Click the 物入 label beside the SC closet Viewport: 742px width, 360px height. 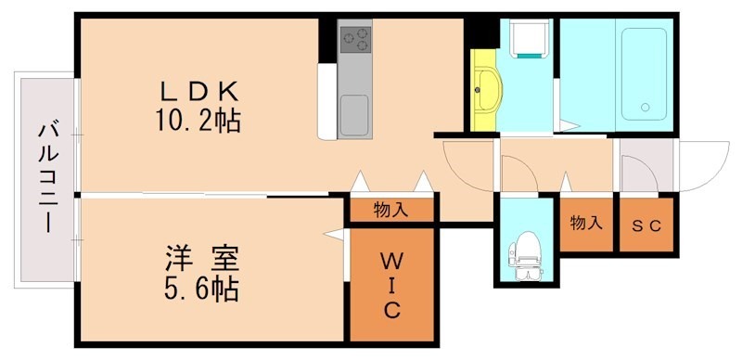tap(585, 224)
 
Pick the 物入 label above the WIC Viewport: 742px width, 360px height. tap(390, 210)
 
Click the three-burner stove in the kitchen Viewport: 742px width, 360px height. tap(354, 39)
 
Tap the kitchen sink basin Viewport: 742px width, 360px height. tap(354, 115)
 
